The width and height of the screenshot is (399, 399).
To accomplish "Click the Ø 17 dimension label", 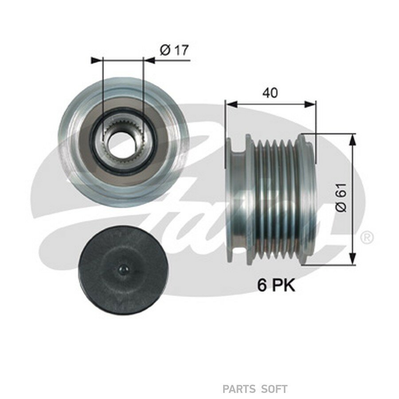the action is [x=174, y=50].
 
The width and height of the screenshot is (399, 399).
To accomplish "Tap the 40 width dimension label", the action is [x=270, y=93].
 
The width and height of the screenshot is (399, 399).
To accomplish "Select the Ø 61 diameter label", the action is [x=341, y=197].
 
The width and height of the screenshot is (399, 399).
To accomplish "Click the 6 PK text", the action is [x=276, y=285].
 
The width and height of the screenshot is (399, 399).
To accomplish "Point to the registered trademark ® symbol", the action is [x=367, y=238].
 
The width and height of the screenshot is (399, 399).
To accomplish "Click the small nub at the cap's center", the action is [x=123, y=270].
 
